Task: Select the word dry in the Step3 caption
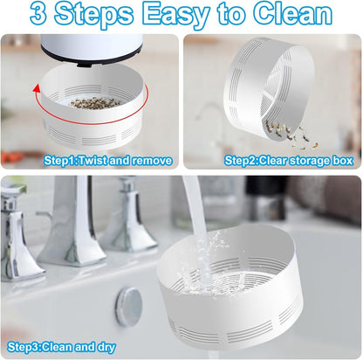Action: click(x=106, y=348)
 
